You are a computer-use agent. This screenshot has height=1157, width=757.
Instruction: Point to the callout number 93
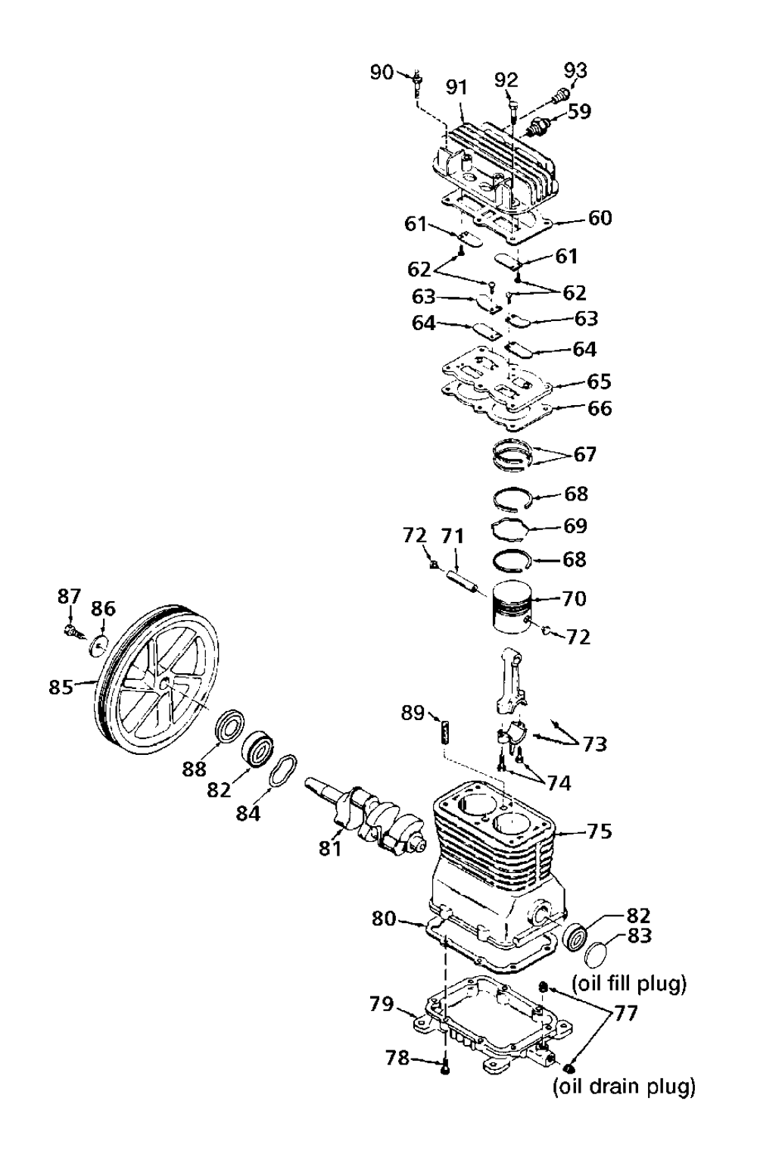coord(575,70)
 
